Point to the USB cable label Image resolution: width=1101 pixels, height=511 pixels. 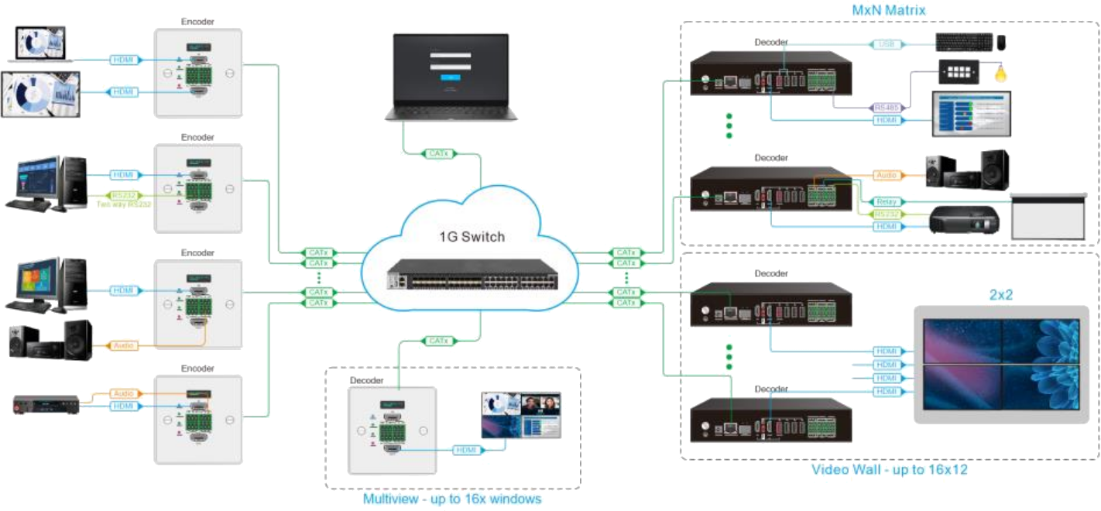[x=883, y=44]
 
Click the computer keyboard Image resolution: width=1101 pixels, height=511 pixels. [x=962, y=42]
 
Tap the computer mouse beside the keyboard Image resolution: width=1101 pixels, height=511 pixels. [x=1001, y=42]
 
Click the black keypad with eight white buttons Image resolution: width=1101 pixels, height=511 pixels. [x=959, y=73]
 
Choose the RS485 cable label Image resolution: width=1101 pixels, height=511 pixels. [x=884, y=108]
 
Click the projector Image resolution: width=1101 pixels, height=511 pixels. [x=964, y=221]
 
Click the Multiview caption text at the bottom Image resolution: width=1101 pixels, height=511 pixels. [x=453, y=499]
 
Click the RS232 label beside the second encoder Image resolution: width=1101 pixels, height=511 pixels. [x=122, y=196]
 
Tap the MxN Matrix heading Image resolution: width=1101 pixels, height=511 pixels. [x=888, y=10]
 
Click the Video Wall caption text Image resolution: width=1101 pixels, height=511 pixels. [x=890, y=470]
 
